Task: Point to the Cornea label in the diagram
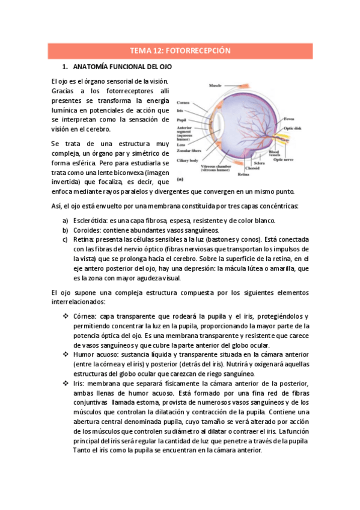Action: coord(183,103)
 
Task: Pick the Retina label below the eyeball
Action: coord(243,174)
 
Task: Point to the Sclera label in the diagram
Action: coord(260,163)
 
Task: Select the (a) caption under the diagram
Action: coord(180,179)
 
